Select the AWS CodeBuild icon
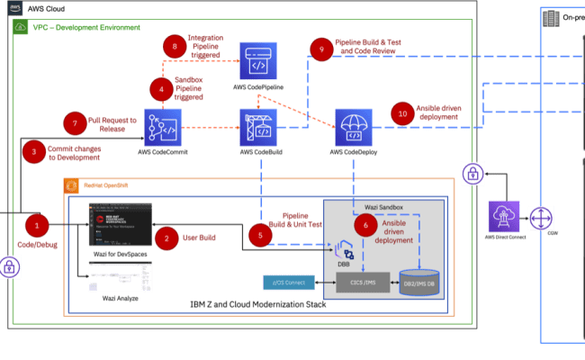coord(259,126)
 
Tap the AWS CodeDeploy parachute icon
coord(355,126)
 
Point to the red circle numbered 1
coord(37,223)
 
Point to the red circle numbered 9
coord(317,48)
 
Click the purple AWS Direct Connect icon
coord(504,219)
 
